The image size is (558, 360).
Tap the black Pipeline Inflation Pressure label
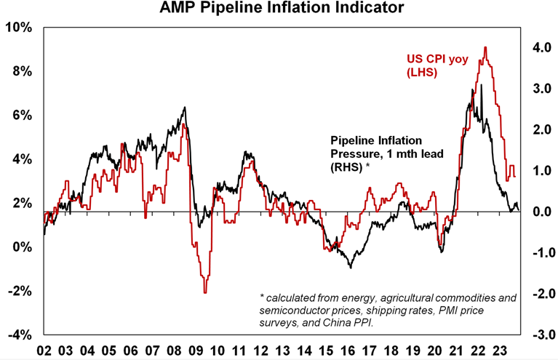point(386,153)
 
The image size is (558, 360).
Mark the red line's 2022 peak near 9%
point(485,48)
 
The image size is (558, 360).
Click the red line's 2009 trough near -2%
point(205,292)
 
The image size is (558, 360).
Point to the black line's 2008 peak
point(185,108)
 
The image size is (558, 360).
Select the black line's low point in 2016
point(351,268)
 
